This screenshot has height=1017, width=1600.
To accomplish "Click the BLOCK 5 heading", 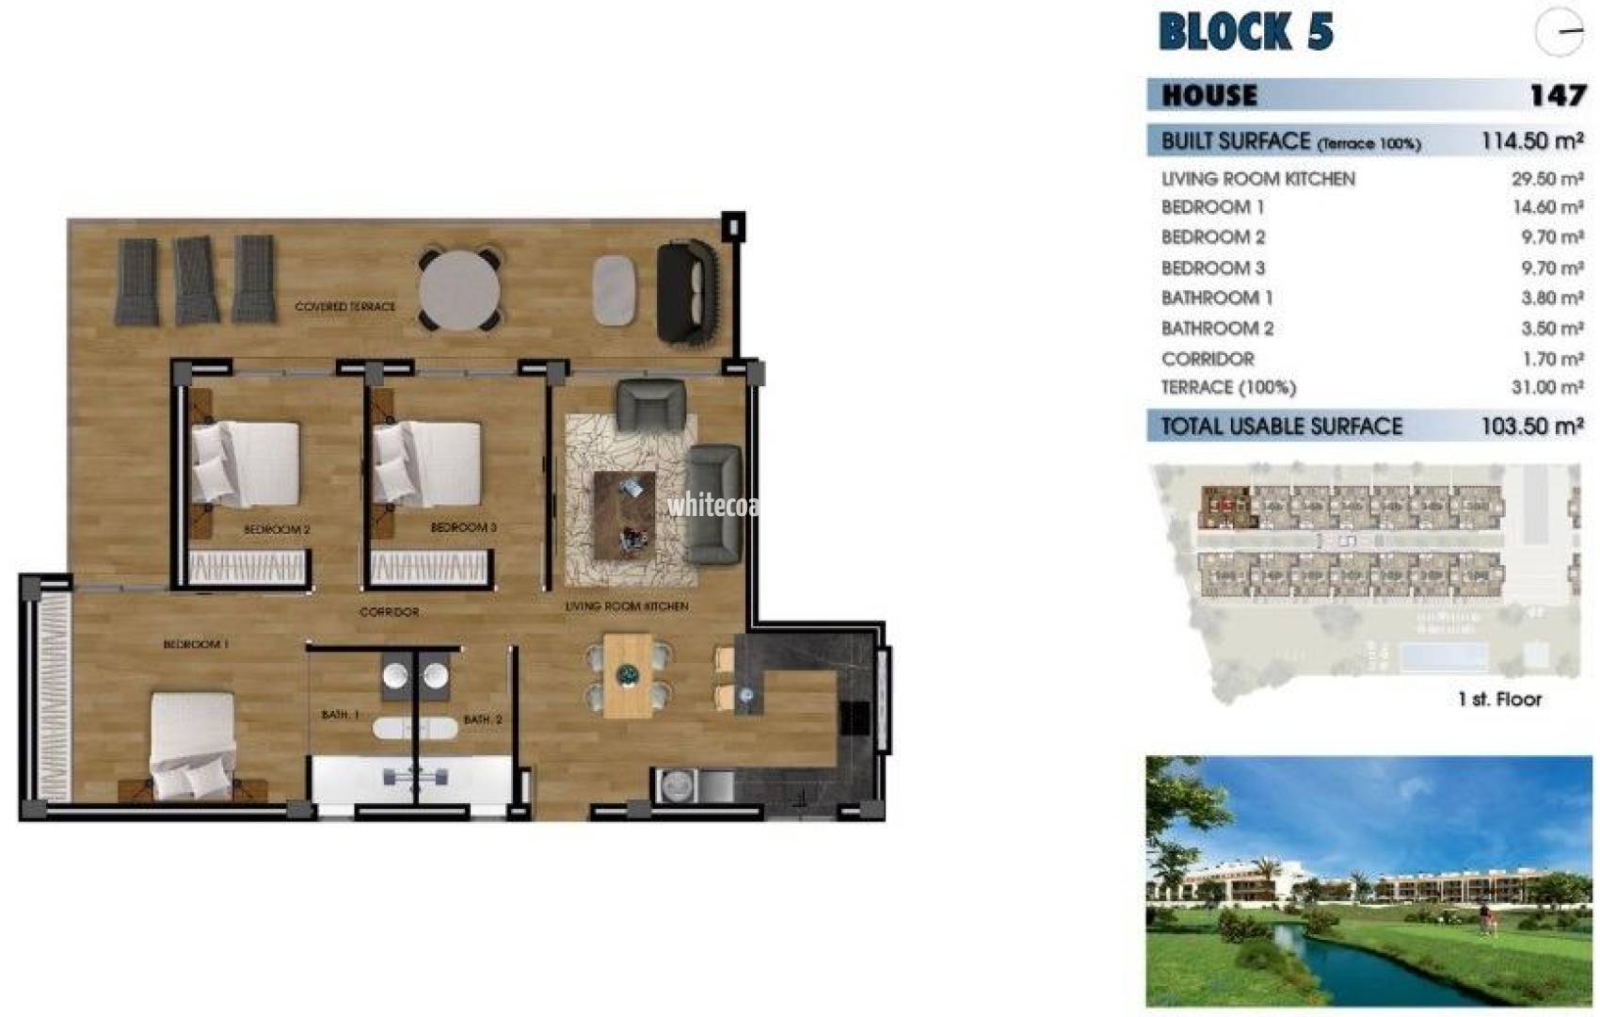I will coord(1244,32).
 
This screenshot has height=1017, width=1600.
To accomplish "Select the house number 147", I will coord(1557,95).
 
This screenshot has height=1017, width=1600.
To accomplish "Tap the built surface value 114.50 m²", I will coord(1531,141).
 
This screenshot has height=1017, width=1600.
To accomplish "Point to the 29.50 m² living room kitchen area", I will coord(1546,179).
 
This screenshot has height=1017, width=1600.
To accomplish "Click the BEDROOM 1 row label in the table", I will coord(1211,207).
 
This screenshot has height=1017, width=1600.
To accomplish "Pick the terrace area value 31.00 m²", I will coord(1546,387).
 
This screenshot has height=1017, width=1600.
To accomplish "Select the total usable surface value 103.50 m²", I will coord(1531,427).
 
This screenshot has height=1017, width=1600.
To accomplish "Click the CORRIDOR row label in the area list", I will coord(1208,359).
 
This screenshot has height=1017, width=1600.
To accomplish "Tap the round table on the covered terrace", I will coord(459,290).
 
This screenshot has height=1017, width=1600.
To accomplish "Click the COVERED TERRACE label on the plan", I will coord(344,307).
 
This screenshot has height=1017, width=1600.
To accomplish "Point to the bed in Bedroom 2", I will coord(247,464).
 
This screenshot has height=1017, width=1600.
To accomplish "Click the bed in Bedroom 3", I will coord(428,464).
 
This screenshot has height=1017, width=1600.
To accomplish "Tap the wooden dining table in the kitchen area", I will coord(628,675).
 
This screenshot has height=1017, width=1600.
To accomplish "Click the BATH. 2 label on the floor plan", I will coord(482,720).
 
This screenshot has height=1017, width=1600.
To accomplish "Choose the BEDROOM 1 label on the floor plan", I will coord(196,645).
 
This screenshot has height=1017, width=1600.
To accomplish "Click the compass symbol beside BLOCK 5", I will coord(1559,32).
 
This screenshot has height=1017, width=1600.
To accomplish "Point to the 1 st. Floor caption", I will coord(1499,700).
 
